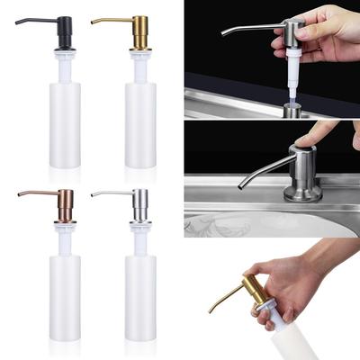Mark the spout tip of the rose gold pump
tap(20, 196)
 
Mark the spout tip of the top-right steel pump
tap(223, 33)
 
